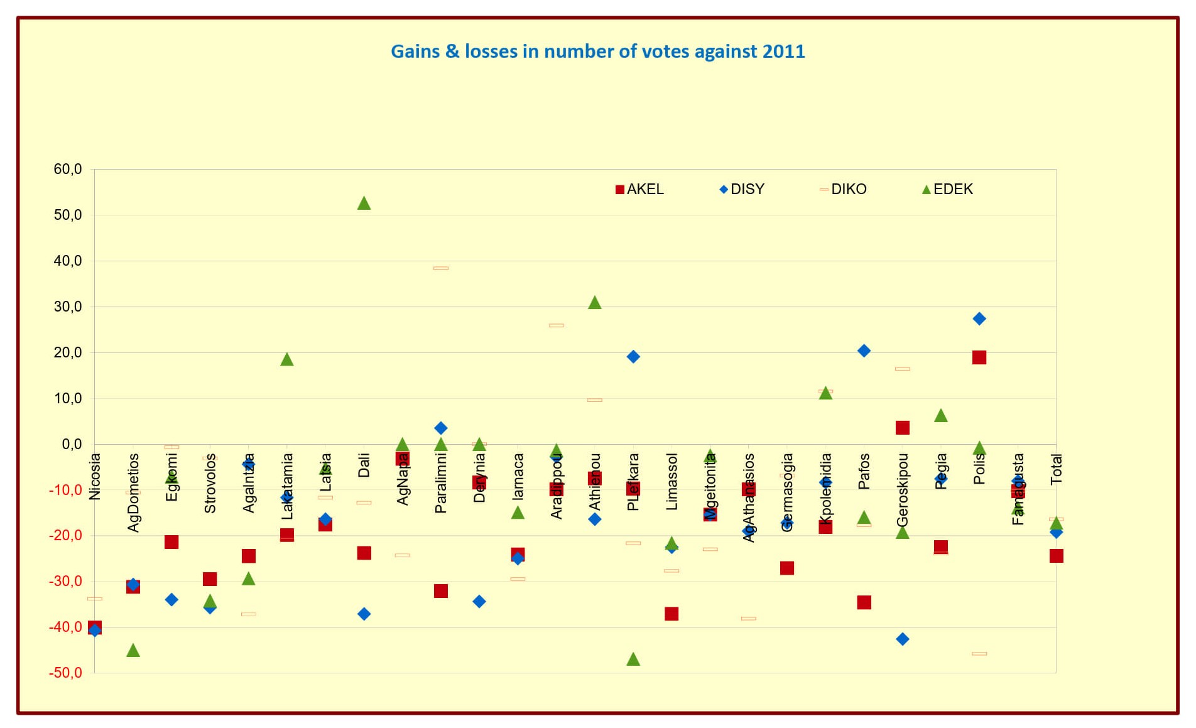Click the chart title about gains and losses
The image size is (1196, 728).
597,51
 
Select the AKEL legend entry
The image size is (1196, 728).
639,189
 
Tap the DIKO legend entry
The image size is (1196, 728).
843,189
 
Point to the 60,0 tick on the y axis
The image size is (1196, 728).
68,169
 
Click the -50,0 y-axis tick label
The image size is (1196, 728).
65,673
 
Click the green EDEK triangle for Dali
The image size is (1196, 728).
364,203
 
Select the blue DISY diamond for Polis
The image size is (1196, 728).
979,318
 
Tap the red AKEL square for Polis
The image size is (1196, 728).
979,357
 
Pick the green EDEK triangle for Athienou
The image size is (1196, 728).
595,303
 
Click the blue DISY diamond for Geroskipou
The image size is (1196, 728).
903,639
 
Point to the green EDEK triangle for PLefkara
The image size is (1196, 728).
633,659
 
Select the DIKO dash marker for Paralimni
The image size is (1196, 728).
441,268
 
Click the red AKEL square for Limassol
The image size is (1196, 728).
671,614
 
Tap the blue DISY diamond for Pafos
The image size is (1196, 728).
864,350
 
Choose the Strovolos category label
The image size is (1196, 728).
210,483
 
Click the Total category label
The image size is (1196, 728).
1057,469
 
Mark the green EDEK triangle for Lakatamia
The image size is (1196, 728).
287,359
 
